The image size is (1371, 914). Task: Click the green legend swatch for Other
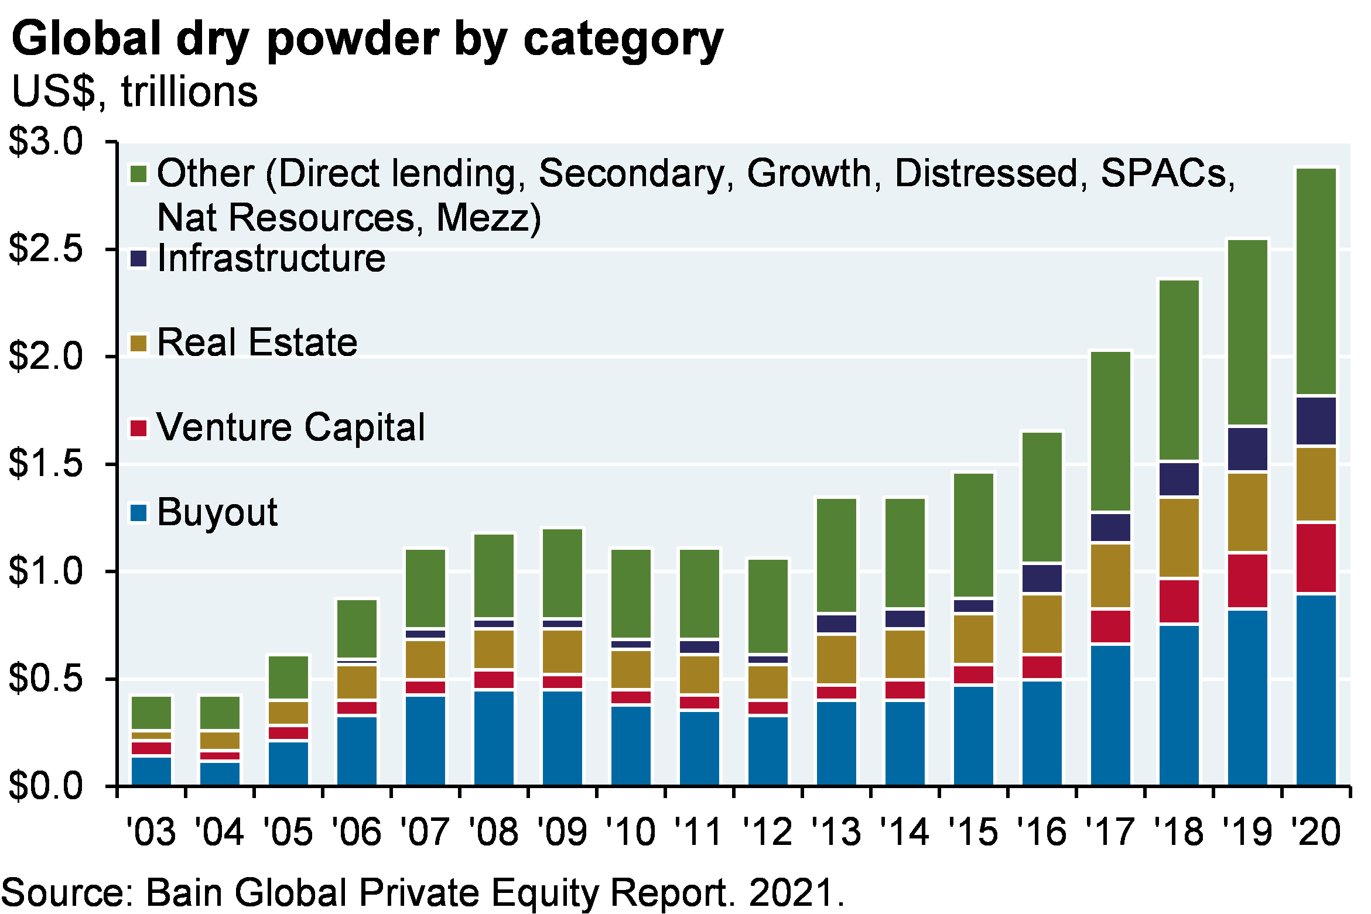click(x=138, y=174)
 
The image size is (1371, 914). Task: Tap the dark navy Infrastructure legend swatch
click(x=138, y=259)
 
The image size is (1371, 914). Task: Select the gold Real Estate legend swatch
click(x=138, y=343)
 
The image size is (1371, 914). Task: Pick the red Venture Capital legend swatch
click(x=138, y=428)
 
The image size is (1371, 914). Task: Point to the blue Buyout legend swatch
click(x=138, y=513)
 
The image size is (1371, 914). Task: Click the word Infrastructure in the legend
click(x=271, y=259)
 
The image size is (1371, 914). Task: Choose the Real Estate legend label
click(x=257, y=343)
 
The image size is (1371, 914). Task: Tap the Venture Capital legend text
click(x=290, y=427)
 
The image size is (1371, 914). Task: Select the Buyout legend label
click(x=217, y=513)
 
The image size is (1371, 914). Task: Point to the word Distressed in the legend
click(x=986, y=174)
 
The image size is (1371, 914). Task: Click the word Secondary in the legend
click(x=631, y=174)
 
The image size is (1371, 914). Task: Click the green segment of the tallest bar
click(x=1317, y=281)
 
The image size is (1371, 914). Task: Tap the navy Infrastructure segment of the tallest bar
click(x=1317, y=421)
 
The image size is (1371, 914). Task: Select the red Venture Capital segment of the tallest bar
click(x=1317, y=558)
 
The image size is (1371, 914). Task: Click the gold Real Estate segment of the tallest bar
click(x=1317, y=484)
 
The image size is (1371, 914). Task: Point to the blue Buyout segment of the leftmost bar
click(x=151, y=771)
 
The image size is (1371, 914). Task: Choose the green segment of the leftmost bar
click(x=151, y=713)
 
